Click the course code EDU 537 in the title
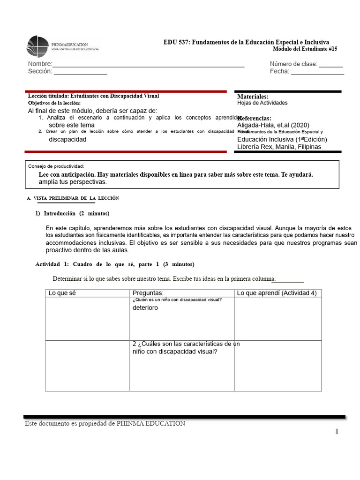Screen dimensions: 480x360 174,42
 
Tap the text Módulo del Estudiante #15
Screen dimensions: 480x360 305,49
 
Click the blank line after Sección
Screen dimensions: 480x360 80,72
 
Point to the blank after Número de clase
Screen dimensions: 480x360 331,65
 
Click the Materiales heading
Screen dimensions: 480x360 253,96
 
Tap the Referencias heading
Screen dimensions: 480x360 255,118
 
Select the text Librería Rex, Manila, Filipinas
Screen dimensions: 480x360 279,147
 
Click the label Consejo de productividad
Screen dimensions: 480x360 56,166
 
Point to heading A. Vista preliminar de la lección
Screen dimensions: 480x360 73,198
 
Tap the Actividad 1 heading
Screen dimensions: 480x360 114,264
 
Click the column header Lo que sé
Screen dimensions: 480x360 62,293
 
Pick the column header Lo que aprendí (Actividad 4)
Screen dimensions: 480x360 277,293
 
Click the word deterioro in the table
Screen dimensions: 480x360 145,308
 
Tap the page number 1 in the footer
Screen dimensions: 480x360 337,432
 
